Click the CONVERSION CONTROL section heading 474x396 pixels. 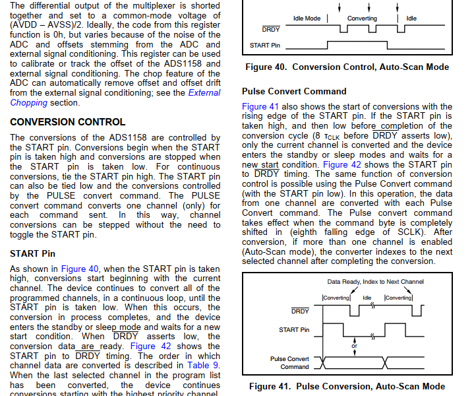[x=67, y=122]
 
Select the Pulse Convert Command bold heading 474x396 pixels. [x=293, y=92]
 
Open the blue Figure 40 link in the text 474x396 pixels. [x=79, y=269]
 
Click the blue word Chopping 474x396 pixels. [x=29, y=103]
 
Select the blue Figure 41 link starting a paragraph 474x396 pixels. [x=264, y=106]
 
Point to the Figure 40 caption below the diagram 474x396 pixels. [x=347, y=67]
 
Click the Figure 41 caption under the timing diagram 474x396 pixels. [x=347, y=386]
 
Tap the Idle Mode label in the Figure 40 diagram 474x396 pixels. [x=307, y=18]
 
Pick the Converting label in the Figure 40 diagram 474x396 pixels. [x=362, y=18]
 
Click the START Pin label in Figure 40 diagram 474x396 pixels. [x=264, y=46]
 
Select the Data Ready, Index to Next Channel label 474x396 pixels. [x=375, y=282]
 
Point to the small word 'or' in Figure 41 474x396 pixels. [x=355, y=345]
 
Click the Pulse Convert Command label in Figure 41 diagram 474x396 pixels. [x=289, y=362]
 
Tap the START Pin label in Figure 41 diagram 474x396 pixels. [x=294, y=329]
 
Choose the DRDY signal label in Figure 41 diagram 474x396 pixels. [x=300, y=310]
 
